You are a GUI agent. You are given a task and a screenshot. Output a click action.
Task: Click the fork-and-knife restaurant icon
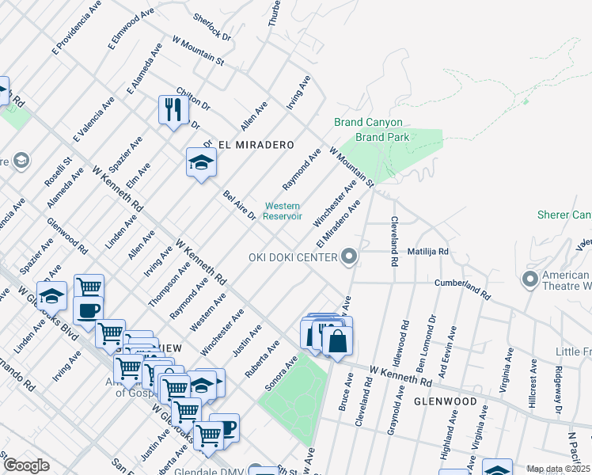[x=173, y=109]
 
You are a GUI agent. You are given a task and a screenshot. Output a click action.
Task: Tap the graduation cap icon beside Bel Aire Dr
[x=201, y=162]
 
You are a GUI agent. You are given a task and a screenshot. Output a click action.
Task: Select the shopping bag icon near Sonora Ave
[x=337, y=341]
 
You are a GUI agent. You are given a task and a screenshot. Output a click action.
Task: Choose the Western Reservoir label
[x=283, y=211]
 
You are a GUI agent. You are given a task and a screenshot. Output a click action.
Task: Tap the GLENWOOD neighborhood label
[x=446, y=401]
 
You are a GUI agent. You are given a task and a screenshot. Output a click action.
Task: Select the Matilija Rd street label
[x=428, y=252]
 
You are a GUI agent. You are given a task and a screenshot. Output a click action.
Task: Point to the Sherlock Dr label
[x=211, y=26]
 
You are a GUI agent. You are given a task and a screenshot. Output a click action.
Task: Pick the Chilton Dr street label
[x=192, y=99]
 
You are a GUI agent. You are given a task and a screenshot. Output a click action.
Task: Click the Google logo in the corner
[x=25, y=465]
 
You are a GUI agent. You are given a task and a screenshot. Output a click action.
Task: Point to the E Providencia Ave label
[x=67, y=32]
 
